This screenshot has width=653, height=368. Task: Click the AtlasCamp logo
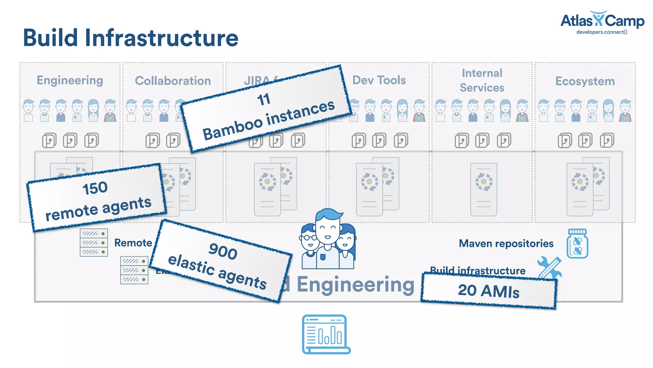[602, 20]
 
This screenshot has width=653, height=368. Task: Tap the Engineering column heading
[70, 80]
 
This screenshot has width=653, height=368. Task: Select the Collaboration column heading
[173, 81]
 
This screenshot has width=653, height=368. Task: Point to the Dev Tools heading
[379, 80]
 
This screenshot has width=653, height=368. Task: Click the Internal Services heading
[482, 80]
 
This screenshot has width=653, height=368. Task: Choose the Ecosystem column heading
[585, 81]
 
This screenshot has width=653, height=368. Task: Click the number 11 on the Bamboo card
[264, 99]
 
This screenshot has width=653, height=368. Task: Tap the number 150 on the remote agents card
[95, 188]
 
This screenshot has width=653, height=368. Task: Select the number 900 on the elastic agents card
[223, 251]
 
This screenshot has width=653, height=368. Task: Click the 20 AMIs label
[488, 291]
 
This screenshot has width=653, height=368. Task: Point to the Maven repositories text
[506, 243]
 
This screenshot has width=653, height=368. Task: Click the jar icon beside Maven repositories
[577, 244]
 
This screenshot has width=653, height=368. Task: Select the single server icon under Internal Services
[483, 189]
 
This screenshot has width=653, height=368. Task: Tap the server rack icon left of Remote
[94, 242]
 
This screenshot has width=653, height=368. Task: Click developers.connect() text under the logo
[602, 32]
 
